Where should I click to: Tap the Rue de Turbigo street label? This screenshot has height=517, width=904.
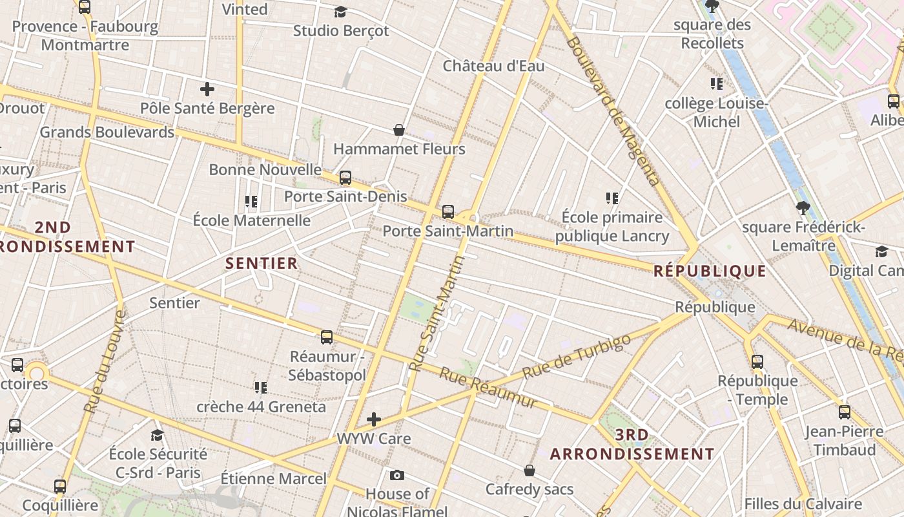tap(576, 357)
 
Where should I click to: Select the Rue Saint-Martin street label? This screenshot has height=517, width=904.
tap(437, 314)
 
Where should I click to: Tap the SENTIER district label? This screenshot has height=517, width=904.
tap(262, 263)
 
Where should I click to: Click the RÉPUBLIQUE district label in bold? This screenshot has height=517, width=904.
tap(710, 271)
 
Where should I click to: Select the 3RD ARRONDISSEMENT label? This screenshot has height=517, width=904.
tap(632, 445)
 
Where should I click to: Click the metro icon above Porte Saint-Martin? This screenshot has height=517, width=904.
tap(448, 212)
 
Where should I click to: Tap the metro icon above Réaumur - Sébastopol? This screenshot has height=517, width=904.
tap(327, 337)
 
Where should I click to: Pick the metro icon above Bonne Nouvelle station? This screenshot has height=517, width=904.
tap(345, 177)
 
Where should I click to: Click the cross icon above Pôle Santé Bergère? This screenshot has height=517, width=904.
tap(207, 89)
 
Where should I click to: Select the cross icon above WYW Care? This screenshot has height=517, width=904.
tap(374, 419)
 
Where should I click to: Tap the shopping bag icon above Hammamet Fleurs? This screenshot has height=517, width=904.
tap(399, 130)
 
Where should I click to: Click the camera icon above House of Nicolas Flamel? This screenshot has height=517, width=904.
tap(397, 476)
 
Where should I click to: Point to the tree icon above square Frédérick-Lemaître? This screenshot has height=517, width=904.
tap(803, 208)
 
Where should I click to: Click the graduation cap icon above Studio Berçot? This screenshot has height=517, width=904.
tap(340, 12)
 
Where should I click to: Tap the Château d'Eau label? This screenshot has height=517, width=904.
tap(493, 66)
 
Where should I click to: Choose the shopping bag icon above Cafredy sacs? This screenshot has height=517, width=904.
tap(529, 470)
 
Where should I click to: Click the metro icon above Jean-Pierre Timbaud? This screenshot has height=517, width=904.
tap(844, 412)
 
